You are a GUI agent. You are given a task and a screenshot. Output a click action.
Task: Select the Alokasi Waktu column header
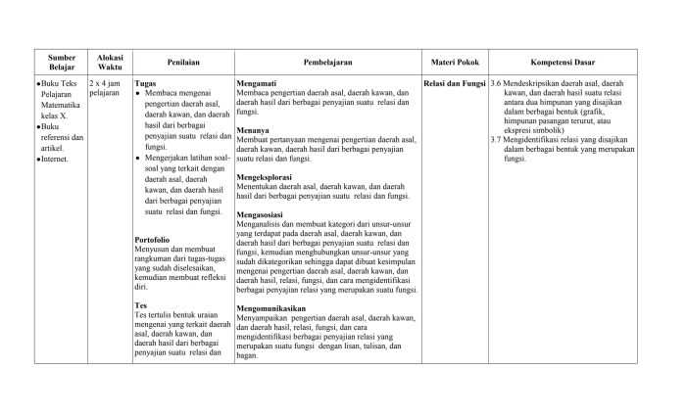click(103, 61)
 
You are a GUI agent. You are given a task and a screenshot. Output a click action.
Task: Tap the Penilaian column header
click(182, 62)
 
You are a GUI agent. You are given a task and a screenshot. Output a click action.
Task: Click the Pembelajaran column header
click(327, 62)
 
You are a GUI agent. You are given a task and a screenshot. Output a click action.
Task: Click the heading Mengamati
click(258, 83)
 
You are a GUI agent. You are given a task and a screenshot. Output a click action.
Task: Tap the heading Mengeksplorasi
click(265, 177)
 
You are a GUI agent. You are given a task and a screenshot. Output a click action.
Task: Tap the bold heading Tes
click(140, 305)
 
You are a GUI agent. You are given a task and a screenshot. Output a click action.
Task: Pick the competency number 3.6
click(497, 83)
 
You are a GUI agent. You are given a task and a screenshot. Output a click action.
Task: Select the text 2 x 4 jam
click(106, 83)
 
